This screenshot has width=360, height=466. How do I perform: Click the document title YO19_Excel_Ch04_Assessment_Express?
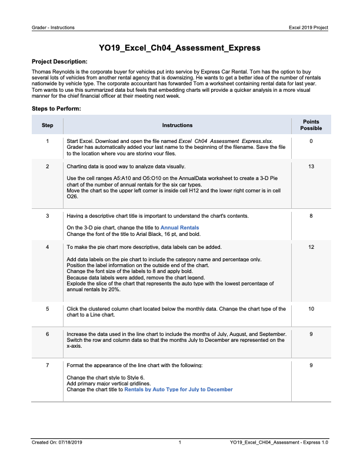coord(179,48)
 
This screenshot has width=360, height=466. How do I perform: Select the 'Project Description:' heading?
coord(59,61)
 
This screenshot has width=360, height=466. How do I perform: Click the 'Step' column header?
coord(48,125)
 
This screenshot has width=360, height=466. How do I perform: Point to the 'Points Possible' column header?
coord(311,125)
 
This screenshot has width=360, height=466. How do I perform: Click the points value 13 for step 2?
coord(311,167)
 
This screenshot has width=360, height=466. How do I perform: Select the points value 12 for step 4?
coord(311,248)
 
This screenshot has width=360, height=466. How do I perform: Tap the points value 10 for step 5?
coord(311,308)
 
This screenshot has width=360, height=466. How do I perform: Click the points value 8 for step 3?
coord(311,217)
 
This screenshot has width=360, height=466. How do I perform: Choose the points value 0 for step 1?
coord(311,141)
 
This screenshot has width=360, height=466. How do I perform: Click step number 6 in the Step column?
coord(48,334)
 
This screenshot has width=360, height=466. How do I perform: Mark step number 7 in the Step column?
coord(48,365)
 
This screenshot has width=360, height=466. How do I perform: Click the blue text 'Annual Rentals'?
coord(180,227)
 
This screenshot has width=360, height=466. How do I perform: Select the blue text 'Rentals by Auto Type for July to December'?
coord(178,390)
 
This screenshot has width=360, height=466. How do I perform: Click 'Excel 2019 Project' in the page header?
coord(309,28)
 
